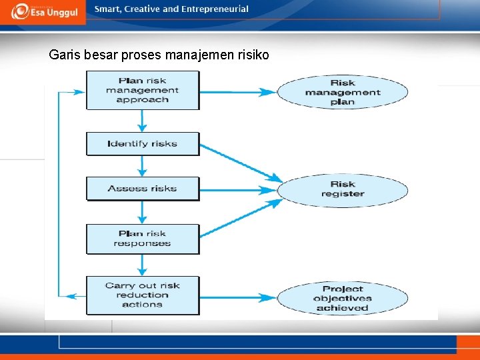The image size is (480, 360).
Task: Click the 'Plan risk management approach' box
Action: tap(143, 90)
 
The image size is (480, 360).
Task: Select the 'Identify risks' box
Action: tap(143, 143)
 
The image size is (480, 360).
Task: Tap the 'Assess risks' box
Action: tap(143, 188)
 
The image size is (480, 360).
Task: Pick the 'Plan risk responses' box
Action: tap(143, 239)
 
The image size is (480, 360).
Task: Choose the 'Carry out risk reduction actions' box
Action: tap(143, 295)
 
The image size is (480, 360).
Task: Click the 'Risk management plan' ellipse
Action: tap(343, 92)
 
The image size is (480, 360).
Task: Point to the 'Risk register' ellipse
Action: tap(343, 189)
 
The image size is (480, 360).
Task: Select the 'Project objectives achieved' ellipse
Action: tap(343, 298)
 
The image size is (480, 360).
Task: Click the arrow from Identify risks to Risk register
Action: tap(240, 162)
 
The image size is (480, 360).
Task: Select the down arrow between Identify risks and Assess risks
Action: tap(142, 166)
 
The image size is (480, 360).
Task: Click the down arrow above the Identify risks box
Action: tap(142, 121)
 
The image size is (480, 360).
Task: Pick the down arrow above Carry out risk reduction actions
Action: tap(142, 265)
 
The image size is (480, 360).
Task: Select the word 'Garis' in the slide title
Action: tap(65, 55)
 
